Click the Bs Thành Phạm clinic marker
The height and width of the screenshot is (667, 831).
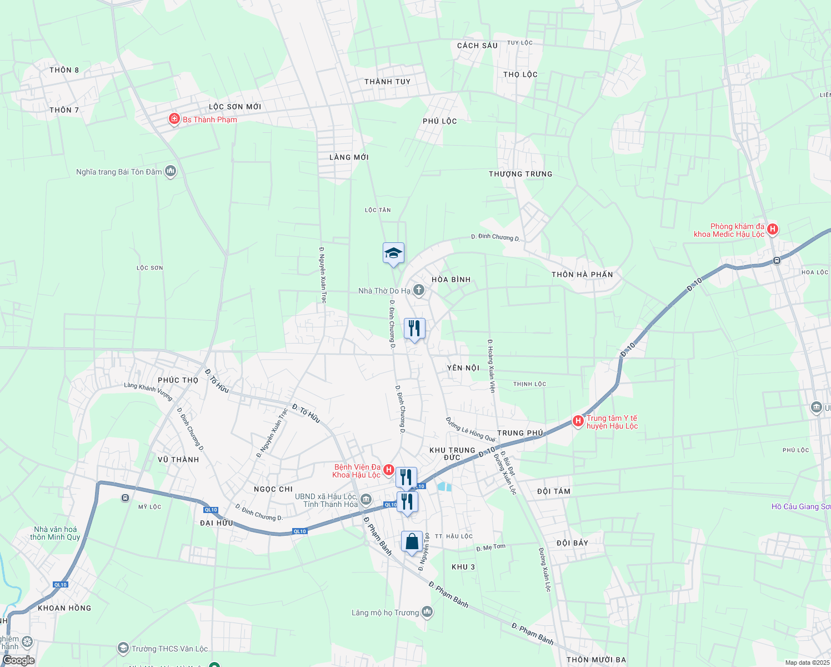click(174, 119)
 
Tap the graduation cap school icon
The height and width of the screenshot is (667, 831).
click(393, 253)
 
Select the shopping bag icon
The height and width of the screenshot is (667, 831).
click(412, 542)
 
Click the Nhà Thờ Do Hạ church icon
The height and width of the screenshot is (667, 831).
click(419, 290)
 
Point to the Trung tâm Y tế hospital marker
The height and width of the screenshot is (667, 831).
click(578, 421)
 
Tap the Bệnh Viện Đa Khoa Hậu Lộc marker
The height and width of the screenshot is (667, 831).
click(389, 470)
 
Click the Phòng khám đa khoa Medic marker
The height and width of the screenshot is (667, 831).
click(772, 229)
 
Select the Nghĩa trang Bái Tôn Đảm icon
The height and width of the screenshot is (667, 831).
click(171, 171)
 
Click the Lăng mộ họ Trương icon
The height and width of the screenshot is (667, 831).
click(427, 612)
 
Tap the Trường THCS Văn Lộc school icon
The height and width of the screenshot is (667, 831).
click(123, 648)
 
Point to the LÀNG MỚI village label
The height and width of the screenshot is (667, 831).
click(349, 157)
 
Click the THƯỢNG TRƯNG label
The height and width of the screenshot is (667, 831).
click(520, 174)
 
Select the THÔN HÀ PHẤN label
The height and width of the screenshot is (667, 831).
click(582, 275)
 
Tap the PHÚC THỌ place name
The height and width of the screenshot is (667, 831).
click(178, 380)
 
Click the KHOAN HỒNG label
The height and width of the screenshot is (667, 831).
click(64, 608)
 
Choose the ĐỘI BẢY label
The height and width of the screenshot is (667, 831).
click(572, 543)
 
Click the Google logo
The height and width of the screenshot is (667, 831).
click(18, 660)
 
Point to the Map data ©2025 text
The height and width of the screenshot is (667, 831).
click(807, 663)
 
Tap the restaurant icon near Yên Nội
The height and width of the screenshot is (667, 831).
click(414, 328)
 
